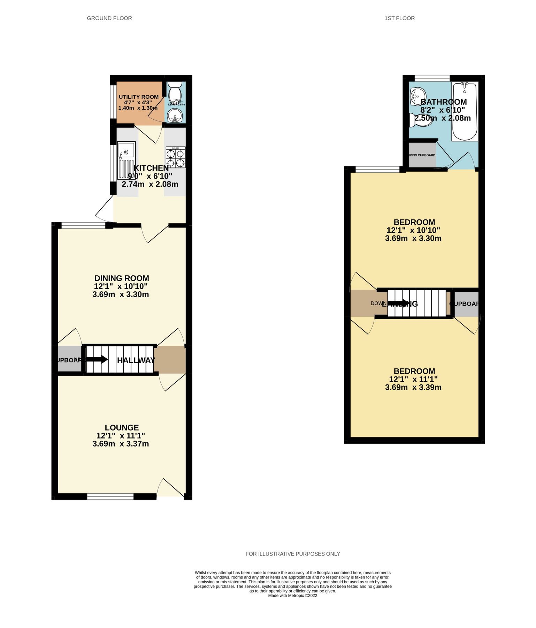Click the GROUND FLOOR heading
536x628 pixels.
point(109,18)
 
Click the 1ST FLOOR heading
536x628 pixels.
point(399,18)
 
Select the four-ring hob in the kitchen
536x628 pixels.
point(175,157)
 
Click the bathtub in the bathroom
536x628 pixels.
point(465,111)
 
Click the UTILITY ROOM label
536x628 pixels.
point(138,97)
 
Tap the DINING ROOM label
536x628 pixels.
point(122,278)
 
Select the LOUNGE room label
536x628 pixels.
point(122,427)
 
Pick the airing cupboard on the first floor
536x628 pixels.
point(422,155)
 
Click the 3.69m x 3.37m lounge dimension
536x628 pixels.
point(121,444)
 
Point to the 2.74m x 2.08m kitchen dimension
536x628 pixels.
point(150,184)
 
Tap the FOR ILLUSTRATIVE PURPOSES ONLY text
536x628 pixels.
point(292,554)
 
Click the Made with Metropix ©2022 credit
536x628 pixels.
point(292,596)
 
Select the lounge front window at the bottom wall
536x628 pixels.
point(110,496)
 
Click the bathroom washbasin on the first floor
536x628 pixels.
point(418,96)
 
